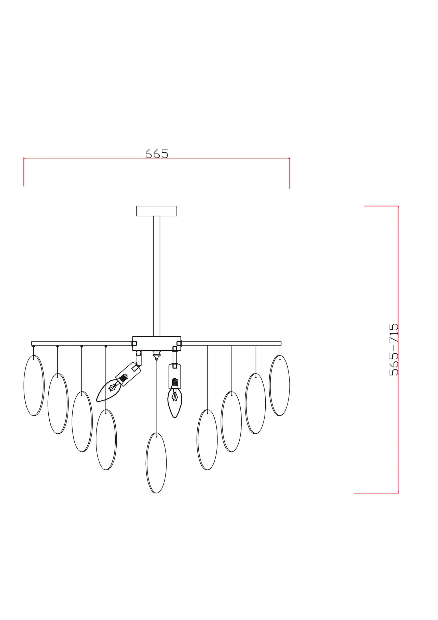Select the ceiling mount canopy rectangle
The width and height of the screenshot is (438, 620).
157,211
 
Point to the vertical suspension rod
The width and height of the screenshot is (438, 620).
157,276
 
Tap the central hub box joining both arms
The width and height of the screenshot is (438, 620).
157,343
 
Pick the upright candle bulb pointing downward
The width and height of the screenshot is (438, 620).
175,403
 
